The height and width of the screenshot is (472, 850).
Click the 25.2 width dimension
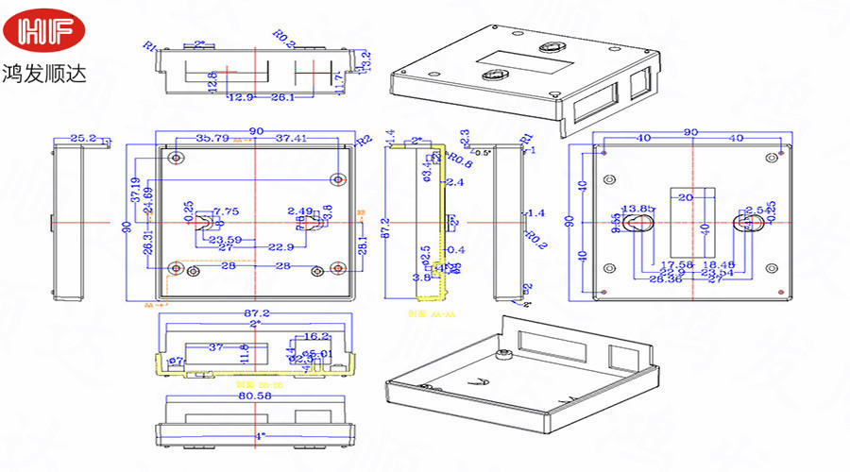pyautogui.click(x=84, y=139)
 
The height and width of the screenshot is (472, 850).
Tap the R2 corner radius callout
pyautogui.click(x=364, y=141)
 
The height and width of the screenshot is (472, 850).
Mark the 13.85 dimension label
pyautogui.click(x=636, y=209)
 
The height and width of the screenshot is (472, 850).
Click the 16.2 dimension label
pyautogui.click(x=316, y=336)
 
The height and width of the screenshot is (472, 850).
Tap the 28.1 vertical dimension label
pyautogui.click(x=363, y=246)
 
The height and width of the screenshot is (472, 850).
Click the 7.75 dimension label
pyautogui.click(x=226, y=211)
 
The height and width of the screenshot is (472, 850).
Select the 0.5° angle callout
pyautogui.click(x=483, y=152)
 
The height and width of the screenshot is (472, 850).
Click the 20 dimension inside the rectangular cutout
pyautogui.click(x=687, y=196)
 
